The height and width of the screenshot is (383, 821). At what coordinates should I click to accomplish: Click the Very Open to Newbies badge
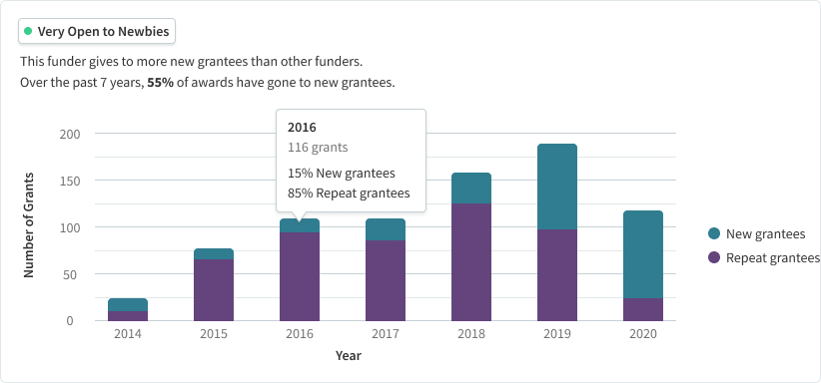point(97,32)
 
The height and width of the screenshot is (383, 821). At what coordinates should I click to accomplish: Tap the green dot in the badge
point(29,32)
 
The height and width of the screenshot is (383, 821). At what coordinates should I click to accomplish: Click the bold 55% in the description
point(161,82)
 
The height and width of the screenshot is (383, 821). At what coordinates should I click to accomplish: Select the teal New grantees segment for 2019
point(556,187)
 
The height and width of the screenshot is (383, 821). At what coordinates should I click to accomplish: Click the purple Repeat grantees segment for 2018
point(470,261)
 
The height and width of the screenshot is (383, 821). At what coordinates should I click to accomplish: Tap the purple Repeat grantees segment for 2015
point(213,289)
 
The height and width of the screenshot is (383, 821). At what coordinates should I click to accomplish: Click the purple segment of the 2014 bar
point(128,315)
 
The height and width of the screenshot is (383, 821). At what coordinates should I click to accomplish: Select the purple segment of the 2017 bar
point(385,280)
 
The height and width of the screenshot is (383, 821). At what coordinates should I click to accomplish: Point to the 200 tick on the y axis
point(70,134)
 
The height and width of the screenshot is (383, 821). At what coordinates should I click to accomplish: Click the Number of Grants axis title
point(29,226)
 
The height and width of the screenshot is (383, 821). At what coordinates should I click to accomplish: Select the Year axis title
point(349,356)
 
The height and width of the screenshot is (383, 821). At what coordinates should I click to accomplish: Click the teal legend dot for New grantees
point(713,234)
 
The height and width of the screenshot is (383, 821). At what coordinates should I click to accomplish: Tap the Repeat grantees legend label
point(773,257)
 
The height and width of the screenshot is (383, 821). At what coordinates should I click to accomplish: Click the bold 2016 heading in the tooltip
point(302,128)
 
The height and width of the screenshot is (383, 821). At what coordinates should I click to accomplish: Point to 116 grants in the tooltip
point(318,148)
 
